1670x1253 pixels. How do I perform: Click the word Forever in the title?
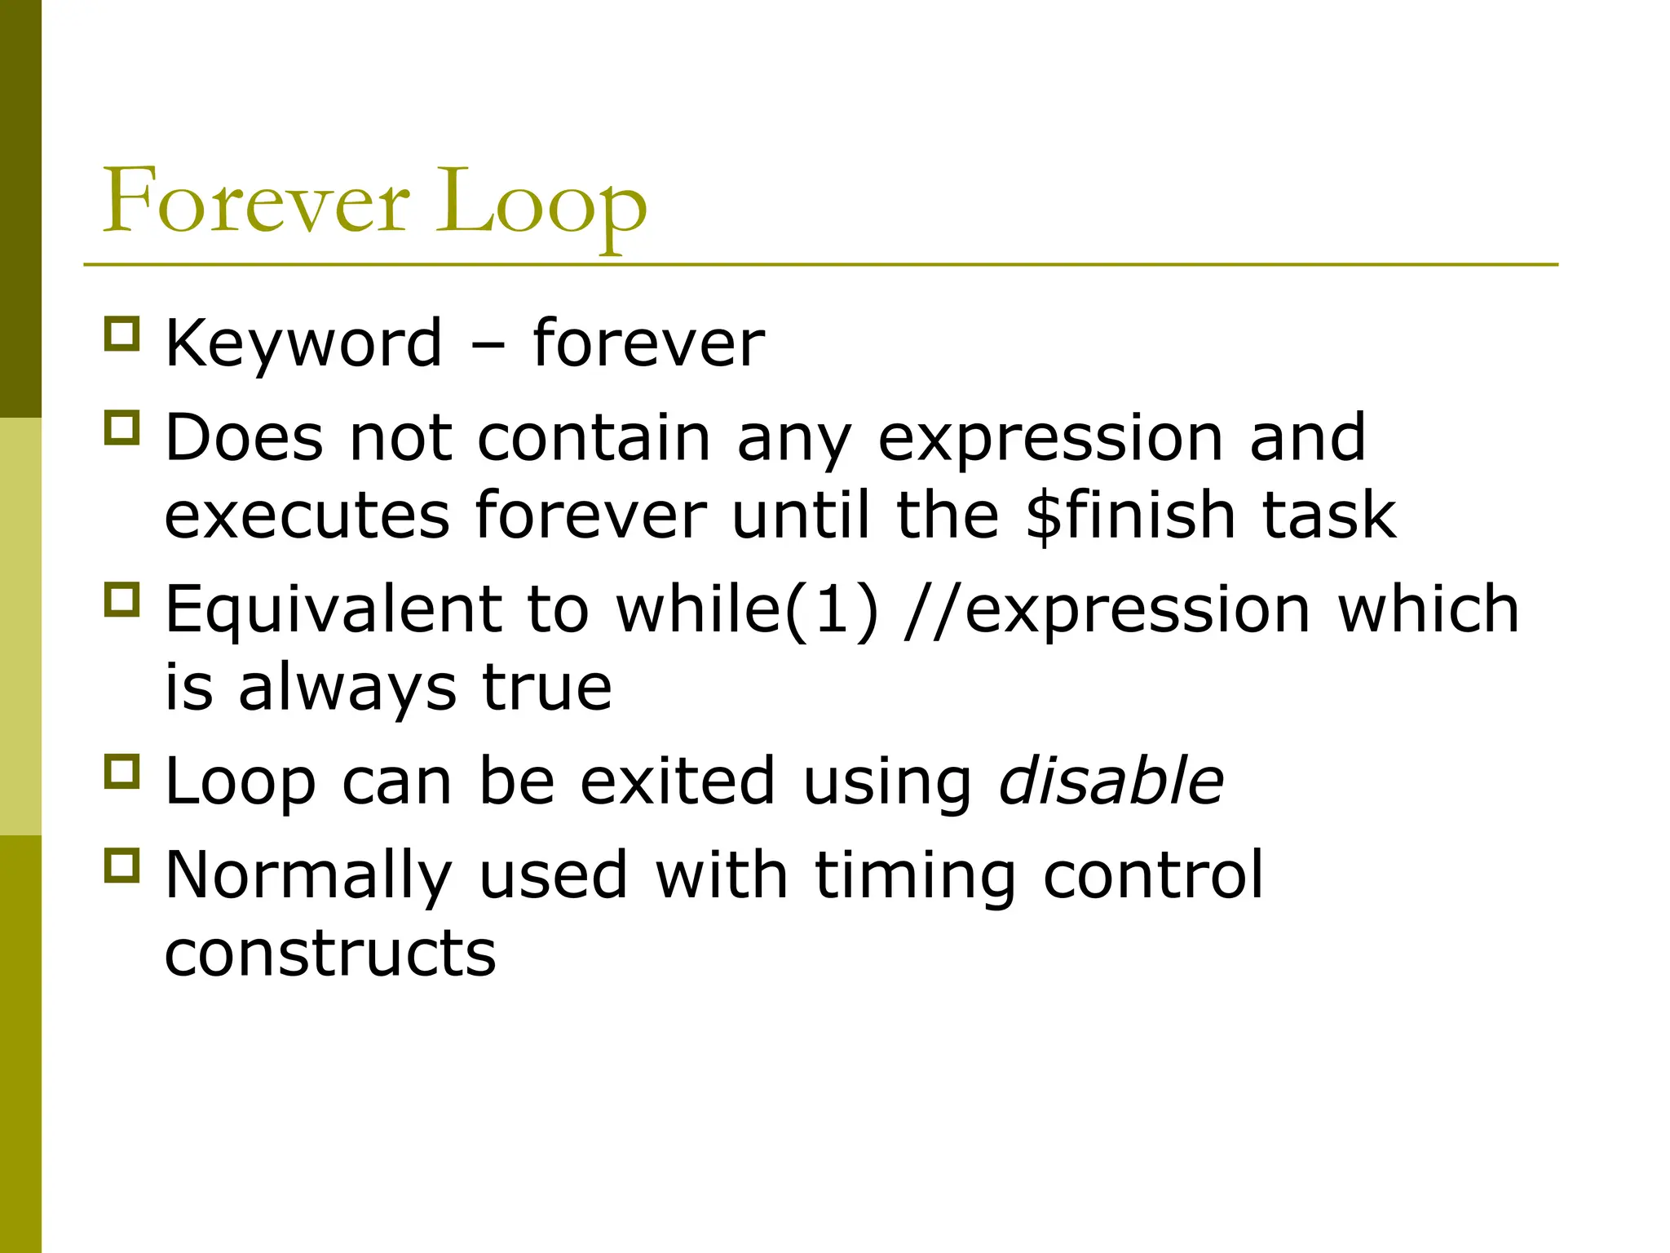tap(255, 201)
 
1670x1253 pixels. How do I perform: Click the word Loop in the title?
tap(541, 204)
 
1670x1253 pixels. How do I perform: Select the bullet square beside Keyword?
tap(122, 334)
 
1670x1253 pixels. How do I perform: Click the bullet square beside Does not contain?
tap(122, 427)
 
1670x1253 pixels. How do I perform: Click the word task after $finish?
tap(1328, 515)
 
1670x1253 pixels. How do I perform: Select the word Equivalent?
tap(334, 609)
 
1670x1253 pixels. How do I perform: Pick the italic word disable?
tap(1111, 781)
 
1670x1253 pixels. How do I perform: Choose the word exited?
tap(678, 781)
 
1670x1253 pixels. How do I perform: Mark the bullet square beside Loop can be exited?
tap(122, 770)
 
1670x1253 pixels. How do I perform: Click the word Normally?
tap(308, 875)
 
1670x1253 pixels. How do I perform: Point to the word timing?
tap(916, 875)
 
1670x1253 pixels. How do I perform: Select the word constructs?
tap(330, 952)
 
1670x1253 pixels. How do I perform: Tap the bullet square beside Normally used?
tap(122, 865)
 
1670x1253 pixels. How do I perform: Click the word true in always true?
tap(546, 687)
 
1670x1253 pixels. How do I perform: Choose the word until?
tap(801, 515)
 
